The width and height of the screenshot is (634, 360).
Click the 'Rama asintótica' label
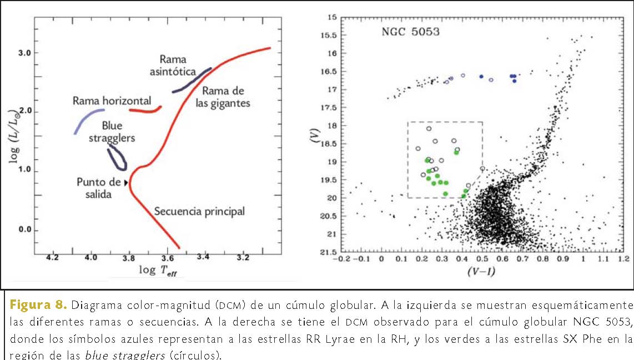[178, 65]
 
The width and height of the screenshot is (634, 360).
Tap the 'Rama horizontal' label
[112, 101]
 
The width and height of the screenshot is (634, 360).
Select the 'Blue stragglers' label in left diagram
[112, 132]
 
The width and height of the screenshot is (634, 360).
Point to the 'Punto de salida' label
[98, 188]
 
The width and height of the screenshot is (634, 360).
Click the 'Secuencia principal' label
[199, 212]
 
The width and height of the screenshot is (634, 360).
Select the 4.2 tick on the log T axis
[53, 258]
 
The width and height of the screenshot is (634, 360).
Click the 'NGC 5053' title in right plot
[410, 32]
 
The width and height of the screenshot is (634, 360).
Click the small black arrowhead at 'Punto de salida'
[126, 183]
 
